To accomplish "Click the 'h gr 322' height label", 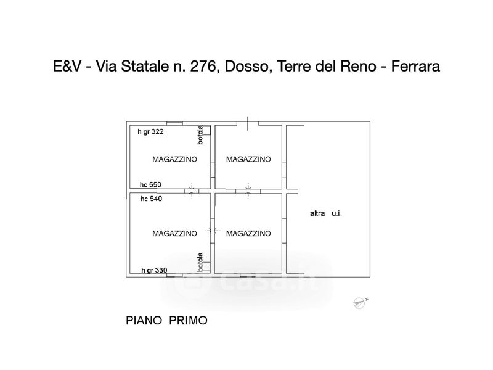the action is pyautogui.click(x=150, y=132).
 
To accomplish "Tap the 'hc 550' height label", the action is pyautogui.click(x=150, y=184).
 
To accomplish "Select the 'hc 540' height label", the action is pyautogui.click(x=151, y=199).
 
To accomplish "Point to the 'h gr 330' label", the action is pyautogui.click(x=154, y=270).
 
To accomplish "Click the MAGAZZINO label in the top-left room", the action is pyautogui.click(x=174, y=159).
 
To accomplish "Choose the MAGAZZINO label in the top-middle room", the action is pyautogui.click(x=248, y=159).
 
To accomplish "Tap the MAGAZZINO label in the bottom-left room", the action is pyautogui.click(x=174, y=234).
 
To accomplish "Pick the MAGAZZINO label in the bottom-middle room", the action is pyautogui.click(x=248, y=234).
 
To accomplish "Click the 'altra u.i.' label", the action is pyautogui.click(x=326, y=213).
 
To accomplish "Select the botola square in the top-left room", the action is pyautogui.click(x=206, y=130).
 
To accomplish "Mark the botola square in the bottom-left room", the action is pyautogui.click(x=206, y=266).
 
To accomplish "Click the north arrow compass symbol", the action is pyautogui.click(x=360, y=303).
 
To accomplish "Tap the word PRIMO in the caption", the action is pyautogui.click(x=189, y=321).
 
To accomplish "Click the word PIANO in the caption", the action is pyautogui.click(x=144, y=321).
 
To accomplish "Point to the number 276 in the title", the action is pyautogui.click(x=203, y=67).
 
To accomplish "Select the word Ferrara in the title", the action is pyautogui.click(x=415, y=67).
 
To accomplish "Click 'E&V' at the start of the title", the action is pyautogui.click(x=67, y=67).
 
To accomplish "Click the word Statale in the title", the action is pyautogui.click(x=145, y=67).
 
